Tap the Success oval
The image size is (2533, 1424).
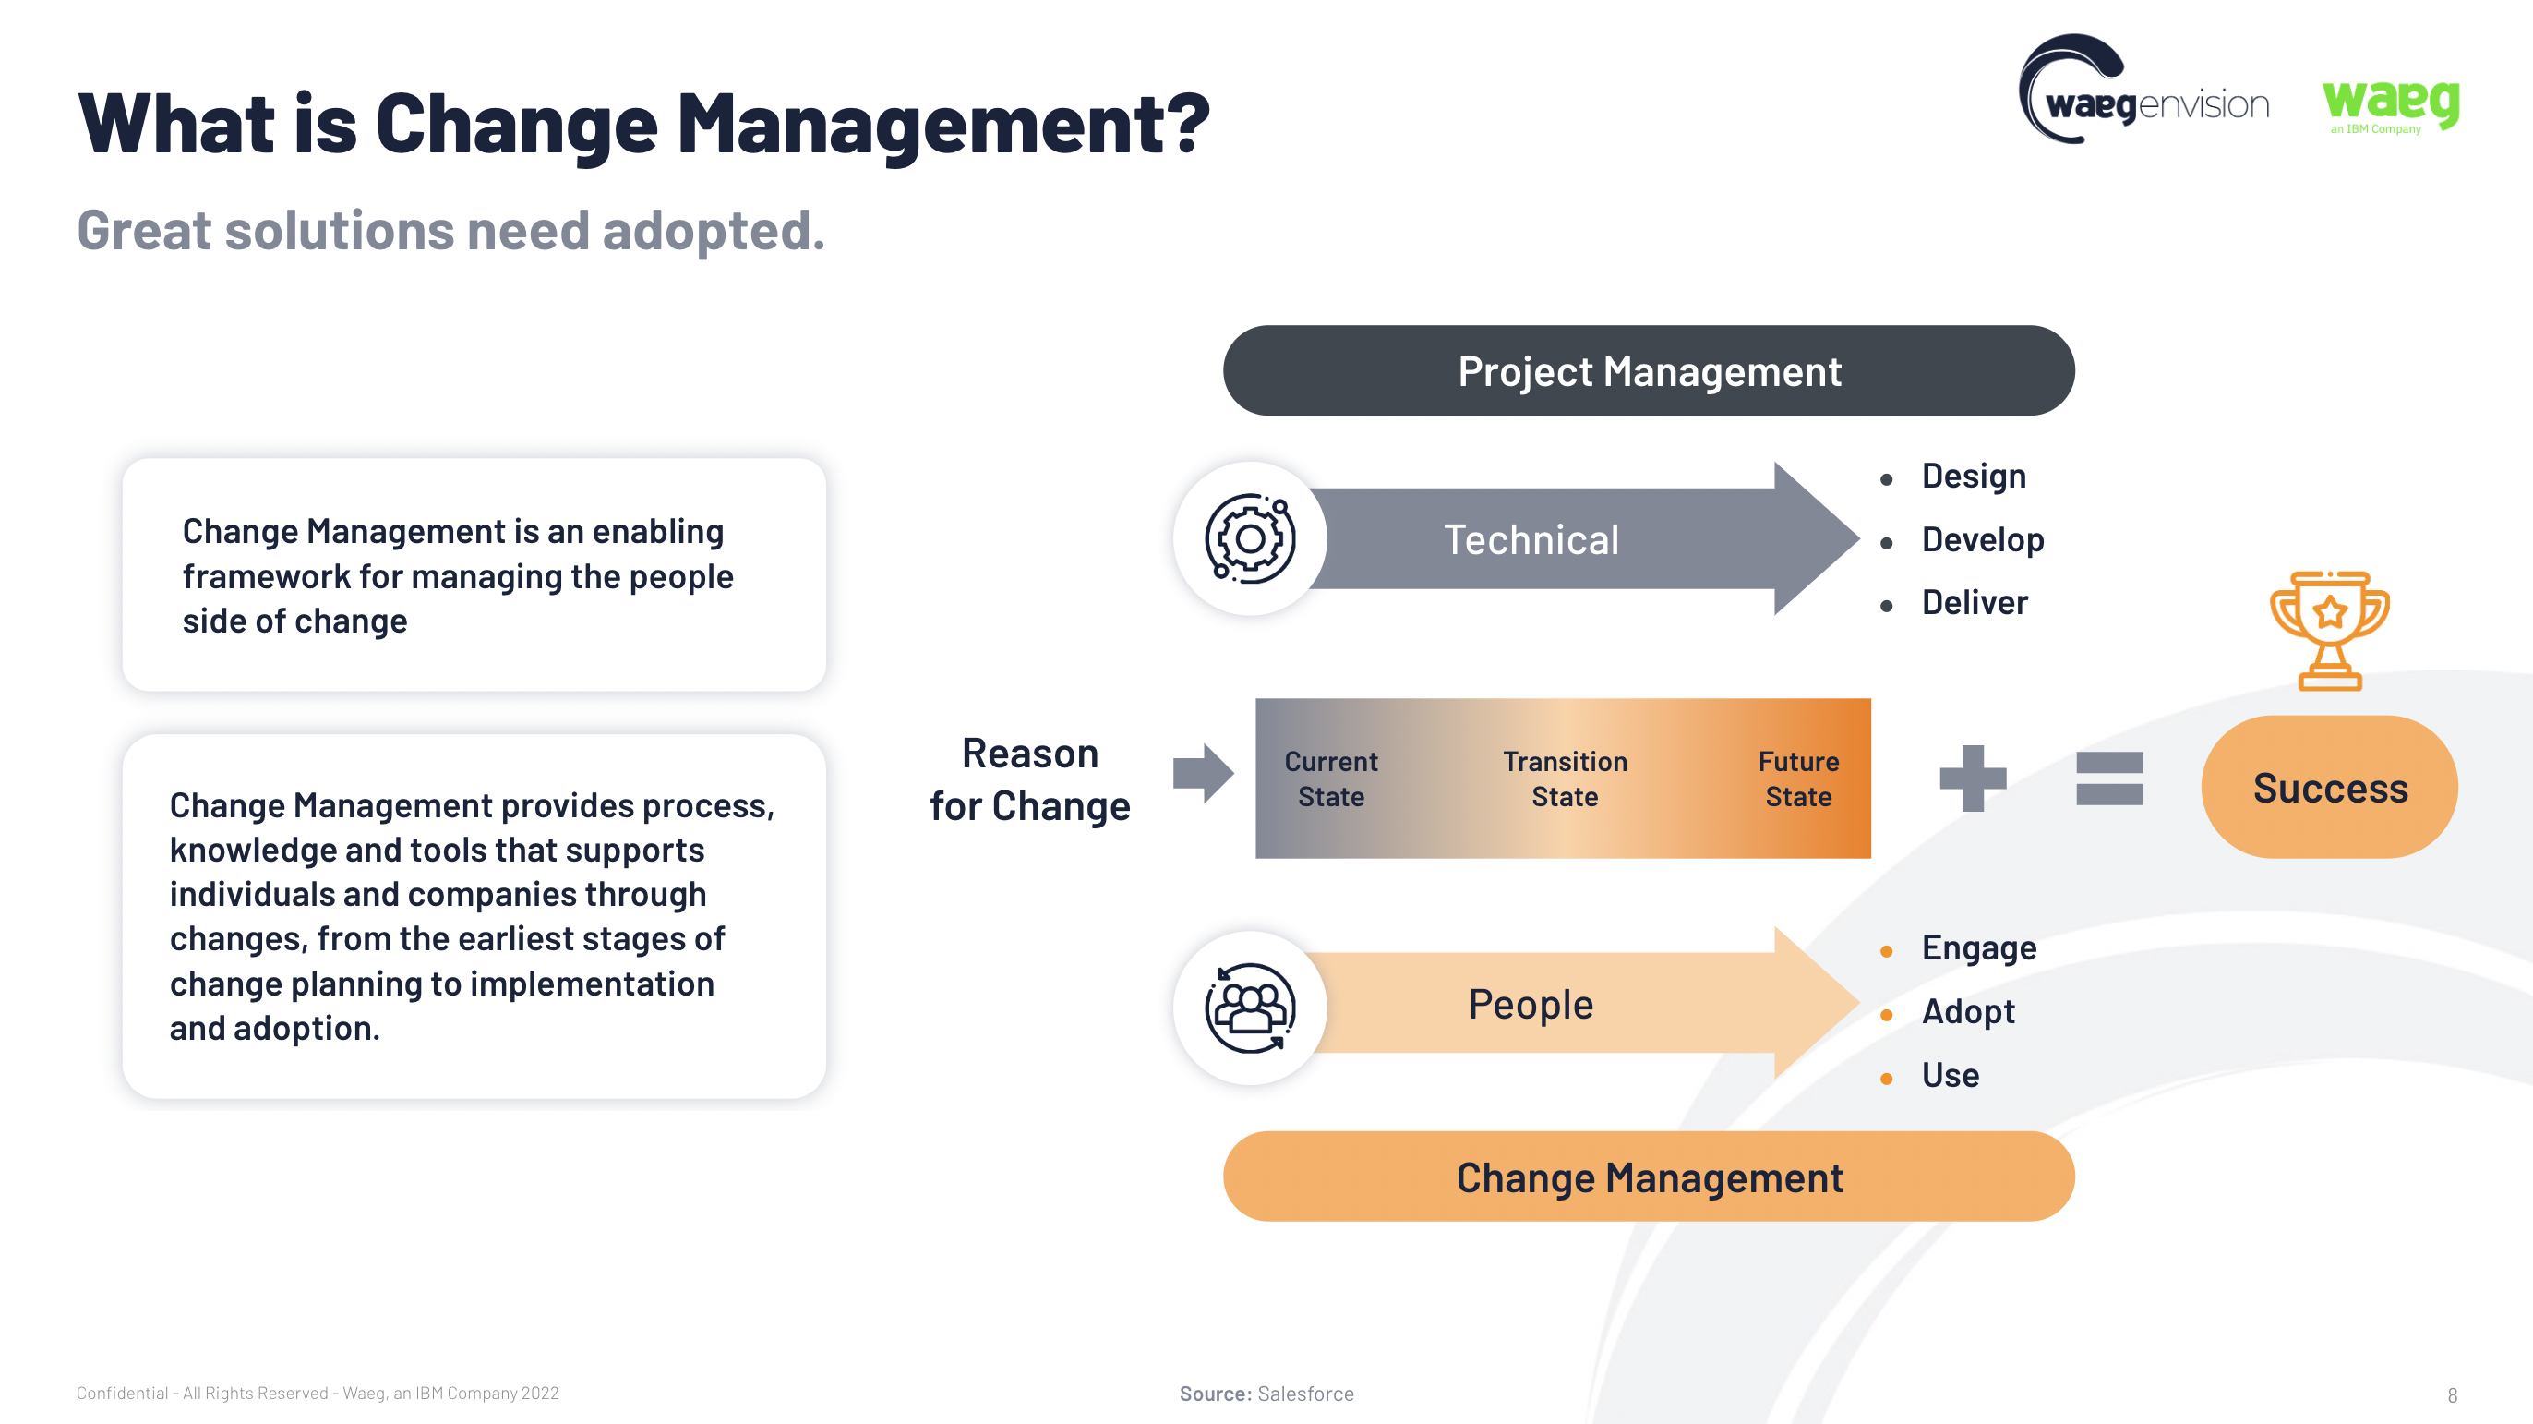point(2330,787)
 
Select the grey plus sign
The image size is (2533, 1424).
point(1973,778)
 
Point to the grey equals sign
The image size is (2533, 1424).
point(2109,778)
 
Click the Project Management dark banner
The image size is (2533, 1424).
point(1649,370)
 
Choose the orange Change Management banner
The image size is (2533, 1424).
point(1649,1177)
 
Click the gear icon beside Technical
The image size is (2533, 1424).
point(1250,538)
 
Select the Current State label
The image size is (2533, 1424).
point(1331,778)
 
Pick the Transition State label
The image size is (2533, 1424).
point(1565,778)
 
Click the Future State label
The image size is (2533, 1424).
point(1798,778)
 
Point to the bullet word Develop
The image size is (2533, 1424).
point(1982,540)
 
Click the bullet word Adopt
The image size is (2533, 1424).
point(1968,1012)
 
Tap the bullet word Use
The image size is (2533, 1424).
point(1950,1075)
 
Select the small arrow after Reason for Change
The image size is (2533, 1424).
point(1204,773)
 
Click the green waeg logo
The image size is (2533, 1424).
point(2391,104)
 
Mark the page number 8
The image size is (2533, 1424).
point(2453,1395)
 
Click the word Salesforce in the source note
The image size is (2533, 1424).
point(1306,1394)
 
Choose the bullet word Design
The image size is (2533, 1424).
point(1974,477)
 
